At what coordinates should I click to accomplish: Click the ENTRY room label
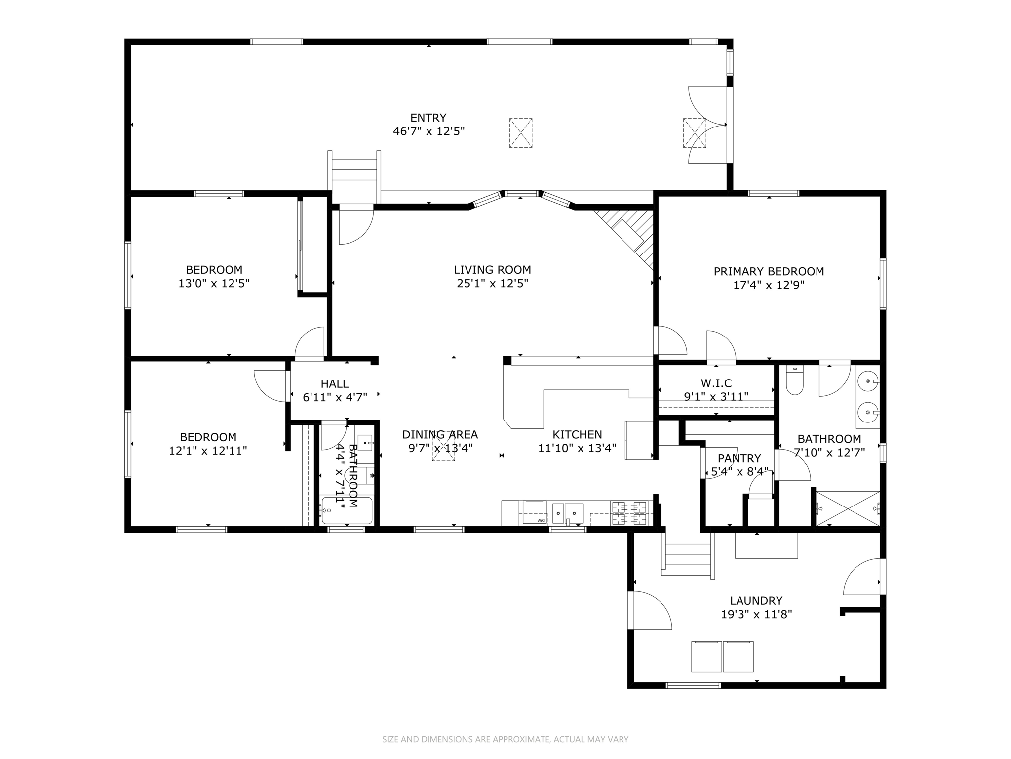428,118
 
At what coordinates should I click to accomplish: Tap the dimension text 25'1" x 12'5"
493,284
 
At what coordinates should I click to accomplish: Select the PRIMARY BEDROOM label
769,271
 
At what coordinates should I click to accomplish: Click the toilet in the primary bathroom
795,381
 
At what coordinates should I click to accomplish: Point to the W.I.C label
716,383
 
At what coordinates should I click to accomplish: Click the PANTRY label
739,458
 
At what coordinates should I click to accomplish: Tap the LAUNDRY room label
756,601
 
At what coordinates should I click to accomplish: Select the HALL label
335,383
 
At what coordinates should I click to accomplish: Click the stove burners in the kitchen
629,513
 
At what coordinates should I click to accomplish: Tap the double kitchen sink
568,513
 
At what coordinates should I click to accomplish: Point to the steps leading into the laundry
688,559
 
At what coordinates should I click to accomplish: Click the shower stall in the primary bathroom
848,508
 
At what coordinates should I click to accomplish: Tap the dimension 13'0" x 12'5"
214,284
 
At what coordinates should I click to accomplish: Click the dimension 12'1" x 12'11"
208,451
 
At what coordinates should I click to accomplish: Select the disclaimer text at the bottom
505,739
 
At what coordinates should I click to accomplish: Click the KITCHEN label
577,434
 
